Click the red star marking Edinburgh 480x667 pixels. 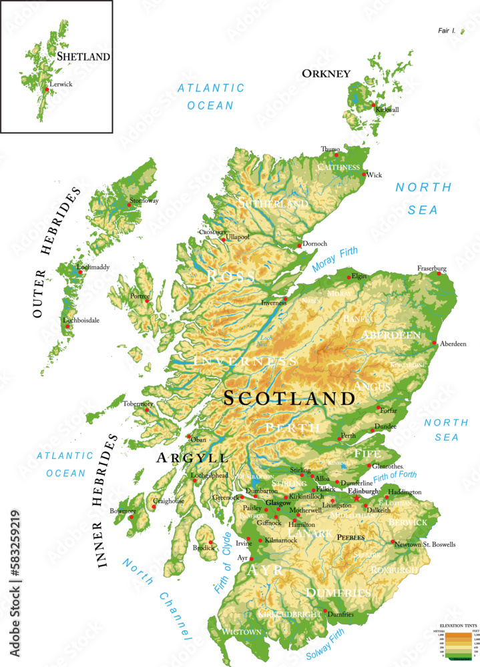[x=357, y=498]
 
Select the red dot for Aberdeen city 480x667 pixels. [x=434, y=344]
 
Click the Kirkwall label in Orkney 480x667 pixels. [x=387, y=109]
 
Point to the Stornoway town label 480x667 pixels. [x=144, y=200]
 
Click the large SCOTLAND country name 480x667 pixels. [x=289, y=399]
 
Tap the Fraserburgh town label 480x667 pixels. [x=432, y=269]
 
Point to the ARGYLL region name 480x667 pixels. [x=192, y=458]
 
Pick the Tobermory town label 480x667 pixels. [x=138, y=404]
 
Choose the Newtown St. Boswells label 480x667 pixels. [x=425, y=544]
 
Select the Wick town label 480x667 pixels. [x=375, y=175]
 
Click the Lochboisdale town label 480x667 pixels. [x=81, y=320]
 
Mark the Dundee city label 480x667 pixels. [x=385, y=426]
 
